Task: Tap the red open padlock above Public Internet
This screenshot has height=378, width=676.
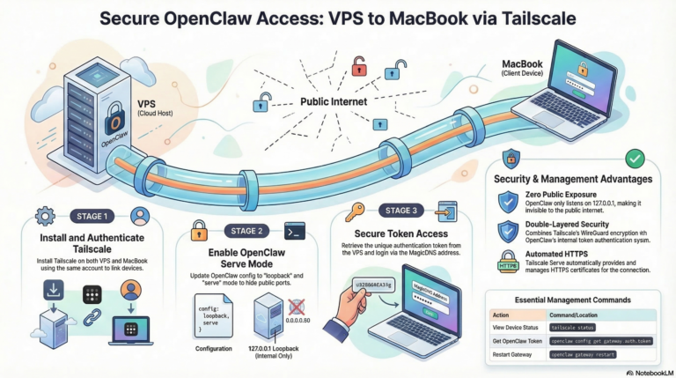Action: point(359,66)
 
